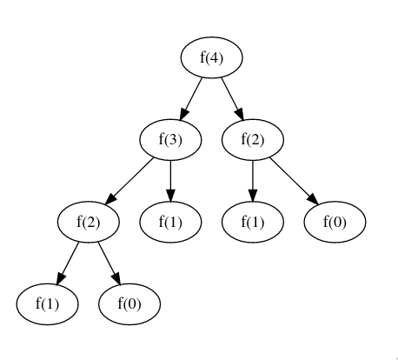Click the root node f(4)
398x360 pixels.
point(211,57)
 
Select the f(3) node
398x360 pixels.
point(170,140)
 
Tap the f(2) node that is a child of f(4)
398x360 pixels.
point(253,140)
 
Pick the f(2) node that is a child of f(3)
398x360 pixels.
point(89,222)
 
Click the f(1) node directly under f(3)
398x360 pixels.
point(170,222)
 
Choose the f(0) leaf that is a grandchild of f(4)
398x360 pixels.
point(335,222)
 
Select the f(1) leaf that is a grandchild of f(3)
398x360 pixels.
point(47,304)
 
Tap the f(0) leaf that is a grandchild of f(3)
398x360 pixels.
point(129,304)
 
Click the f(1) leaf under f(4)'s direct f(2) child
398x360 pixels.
point(253,222)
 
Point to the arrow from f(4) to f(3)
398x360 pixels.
point(191,99)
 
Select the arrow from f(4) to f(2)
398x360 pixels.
point(232,99)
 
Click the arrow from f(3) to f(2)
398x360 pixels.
point(129,181)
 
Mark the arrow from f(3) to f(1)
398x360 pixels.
point(170,181)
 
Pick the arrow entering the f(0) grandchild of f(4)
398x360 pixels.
point(294,181)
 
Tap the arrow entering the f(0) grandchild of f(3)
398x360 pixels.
point(109,263)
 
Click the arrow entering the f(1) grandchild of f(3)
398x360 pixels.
point(68,263)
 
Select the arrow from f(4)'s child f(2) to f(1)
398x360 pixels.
point(253,181)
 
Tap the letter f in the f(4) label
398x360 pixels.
point(202,57)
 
